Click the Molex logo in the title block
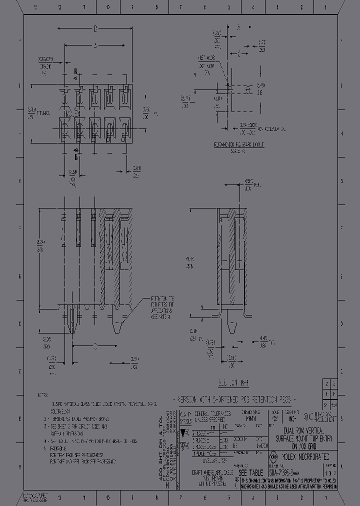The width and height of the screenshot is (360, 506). [x=274, y=456]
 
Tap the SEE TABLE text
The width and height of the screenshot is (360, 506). [x=249, y=473]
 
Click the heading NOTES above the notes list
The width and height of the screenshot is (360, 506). [x=43, y=395]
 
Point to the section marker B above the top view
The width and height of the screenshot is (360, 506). [x=76, y=70]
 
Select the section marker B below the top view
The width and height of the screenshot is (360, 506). [x=76, y=156]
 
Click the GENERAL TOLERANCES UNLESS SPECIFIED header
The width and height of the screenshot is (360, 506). [x=212, y=416]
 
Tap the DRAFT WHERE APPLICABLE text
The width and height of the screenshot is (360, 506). [x=209, y=472]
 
